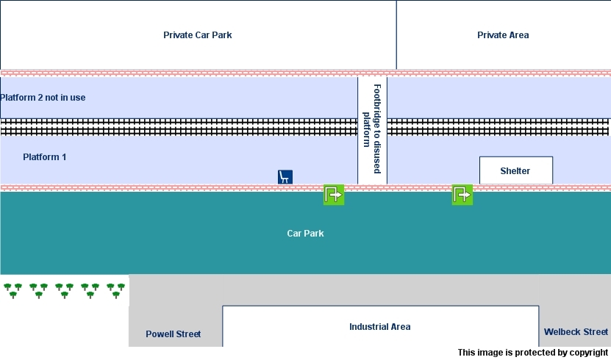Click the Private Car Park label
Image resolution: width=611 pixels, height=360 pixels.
197,35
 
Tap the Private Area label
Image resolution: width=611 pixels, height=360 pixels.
503,35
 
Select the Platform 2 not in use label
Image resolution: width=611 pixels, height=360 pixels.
43,98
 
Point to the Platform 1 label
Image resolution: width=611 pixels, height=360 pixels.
45,156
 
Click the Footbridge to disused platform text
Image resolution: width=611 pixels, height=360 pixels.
372,129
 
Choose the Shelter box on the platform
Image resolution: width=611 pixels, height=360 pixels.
515,170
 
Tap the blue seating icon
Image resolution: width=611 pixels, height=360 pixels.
285,176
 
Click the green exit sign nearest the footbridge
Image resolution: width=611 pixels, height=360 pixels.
334,195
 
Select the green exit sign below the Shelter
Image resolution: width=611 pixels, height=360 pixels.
462,195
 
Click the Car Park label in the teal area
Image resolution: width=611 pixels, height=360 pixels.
305,233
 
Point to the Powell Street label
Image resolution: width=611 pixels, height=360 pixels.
173,334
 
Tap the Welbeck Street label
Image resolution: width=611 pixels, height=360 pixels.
576,332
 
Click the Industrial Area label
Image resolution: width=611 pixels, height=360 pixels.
379,326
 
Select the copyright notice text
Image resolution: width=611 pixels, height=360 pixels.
532,353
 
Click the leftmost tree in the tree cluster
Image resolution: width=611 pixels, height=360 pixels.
7,287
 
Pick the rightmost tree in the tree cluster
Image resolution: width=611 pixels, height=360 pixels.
121,287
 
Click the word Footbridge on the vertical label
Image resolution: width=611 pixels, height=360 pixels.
377,107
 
